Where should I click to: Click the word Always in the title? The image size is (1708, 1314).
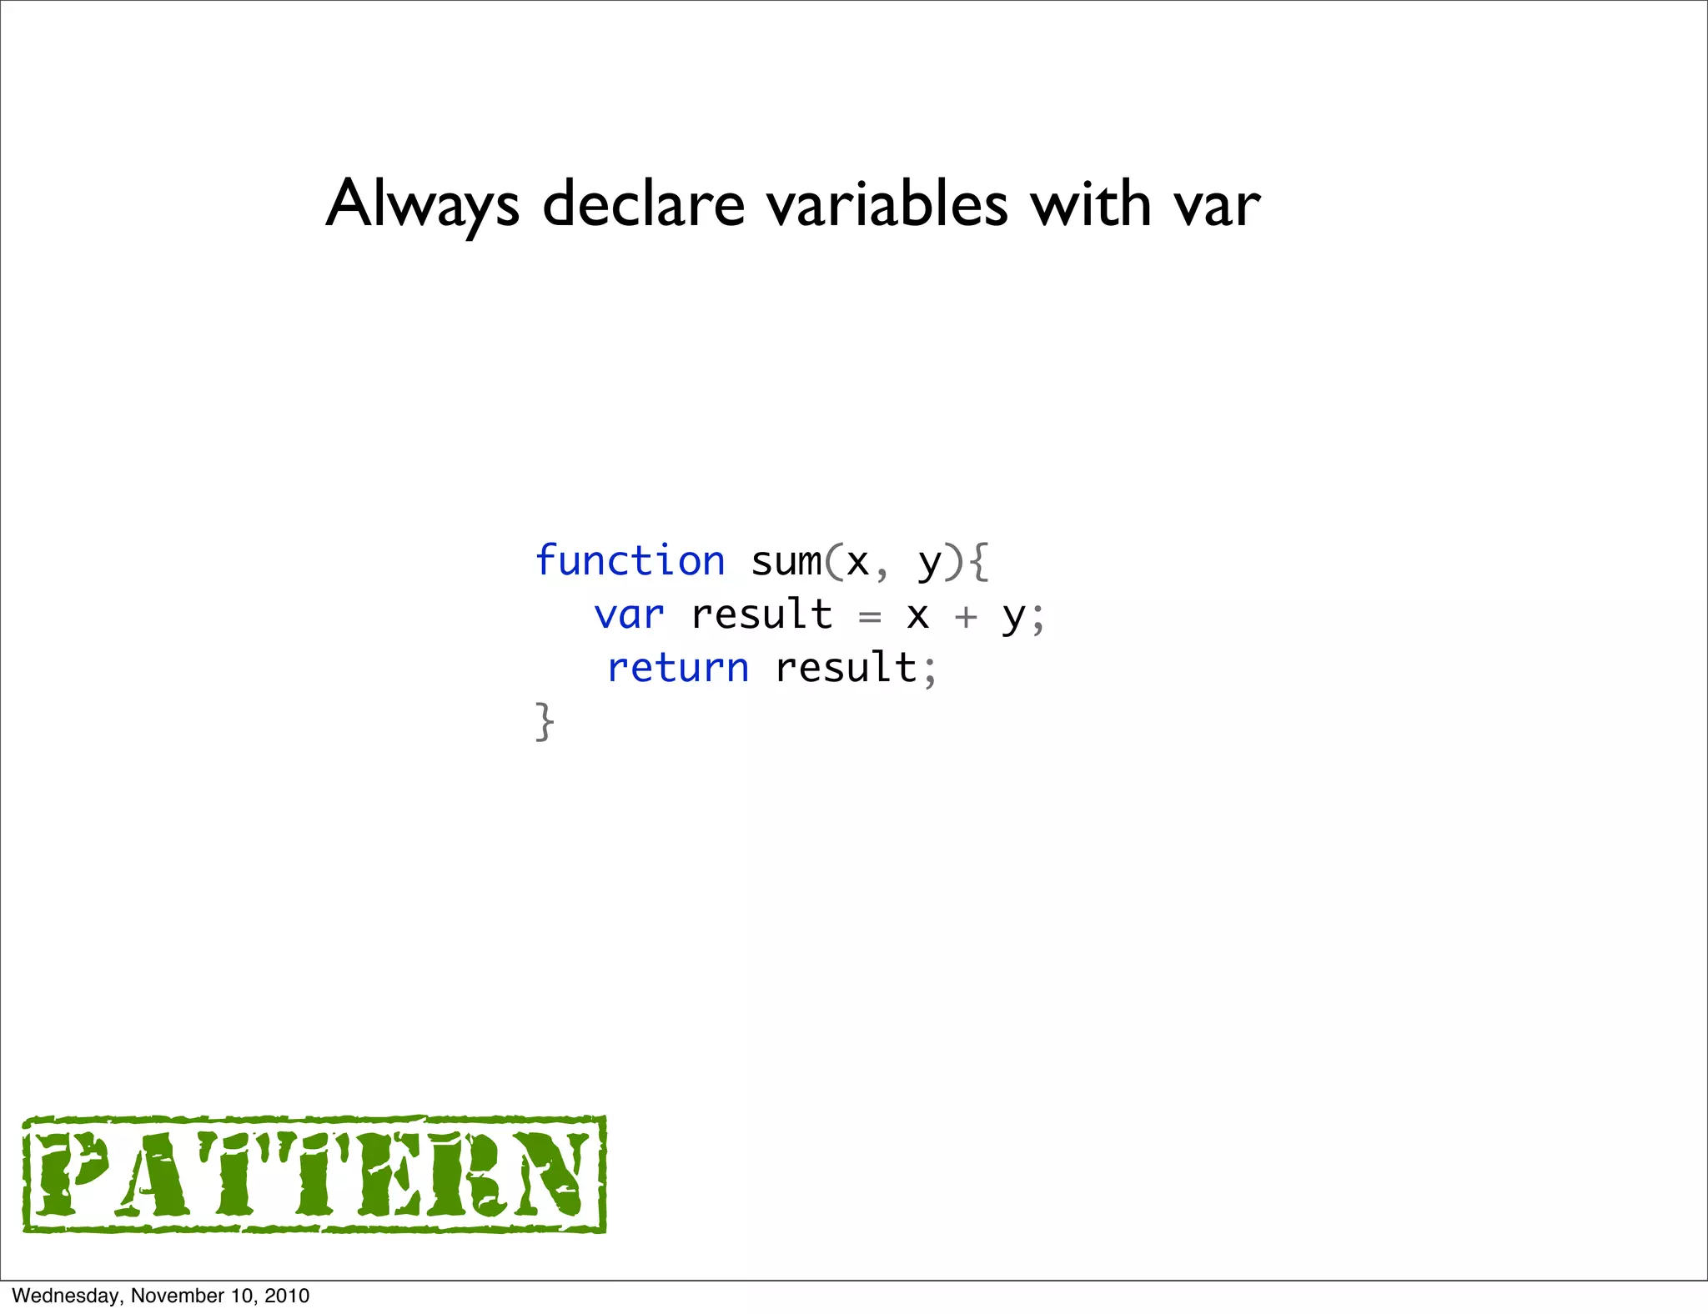(422, 204)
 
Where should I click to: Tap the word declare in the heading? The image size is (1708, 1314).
(643, 204)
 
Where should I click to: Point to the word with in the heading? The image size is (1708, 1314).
(1091, 204)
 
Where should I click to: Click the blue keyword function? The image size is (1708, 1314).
(630, 561)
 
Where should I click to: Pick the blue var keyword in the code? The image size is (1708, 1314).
(629, 616)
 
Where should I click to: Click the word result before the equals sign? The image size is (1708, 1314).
(761, 615)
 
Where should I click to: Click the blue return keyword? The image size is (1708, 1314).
(678, 669)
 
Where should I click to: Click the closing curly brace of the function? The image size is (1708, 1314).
(545, 721)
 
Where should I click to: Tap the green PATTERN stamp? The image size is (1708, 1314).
(314, 1174)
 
